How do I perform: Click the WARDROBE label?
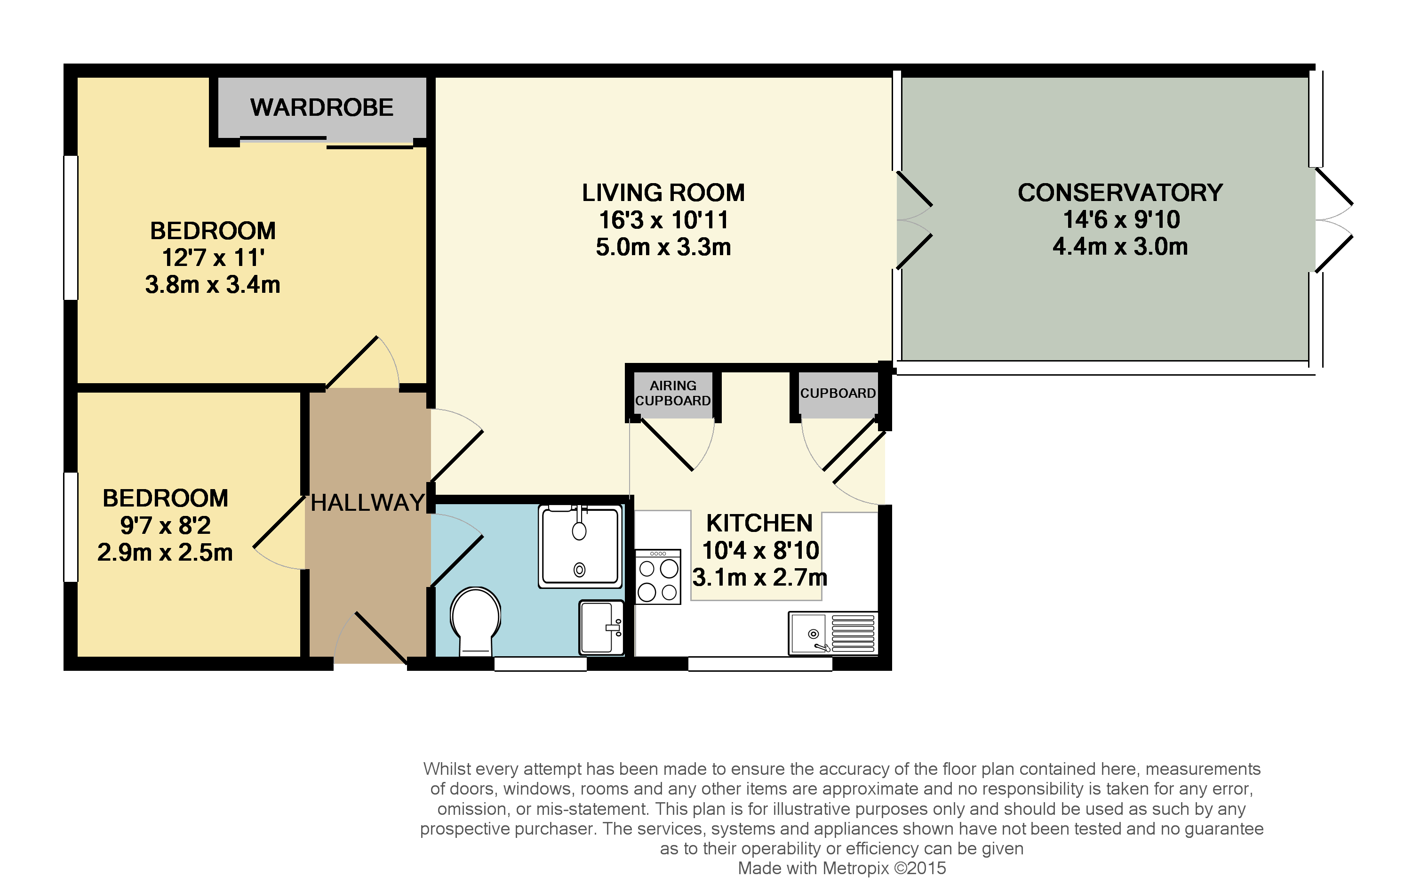coord(321,107)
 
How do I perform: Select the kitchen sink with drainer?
coord(833,634)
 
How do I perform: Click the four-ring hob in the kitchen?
coord(658,577)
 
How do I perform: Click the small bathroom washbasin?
coord(601,628)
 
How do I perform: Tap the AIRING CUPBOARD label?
coord(673,394)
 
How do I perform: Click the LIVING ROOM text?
coord(663,193)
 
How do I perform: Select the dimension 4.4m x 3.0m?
coord(1120,246)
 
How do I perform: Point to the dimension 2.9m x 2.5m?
coord(165,552)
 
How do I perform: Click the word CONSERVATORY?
coord(1120,193)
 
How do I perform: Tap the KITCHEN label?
coord(759,523)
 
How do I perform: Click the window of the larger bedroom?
coord(71,228)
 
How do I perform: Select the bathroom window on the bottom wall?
coord(540,664)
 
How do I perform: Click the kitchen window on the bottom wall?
coord(760,664)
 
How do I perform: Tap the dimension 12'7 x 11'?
coord(213,257)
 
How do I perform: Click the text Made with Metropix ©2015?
coord(841,868)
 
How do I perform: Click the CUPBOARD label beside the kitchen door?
coord(838,394)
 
